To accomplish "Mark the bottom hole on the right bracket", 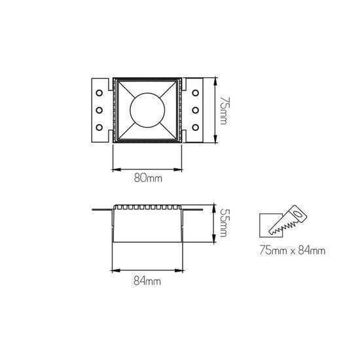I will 196,126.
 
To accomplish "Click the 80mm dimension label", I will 147,177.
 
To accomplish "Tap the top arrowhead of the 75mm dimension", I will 215,81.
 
